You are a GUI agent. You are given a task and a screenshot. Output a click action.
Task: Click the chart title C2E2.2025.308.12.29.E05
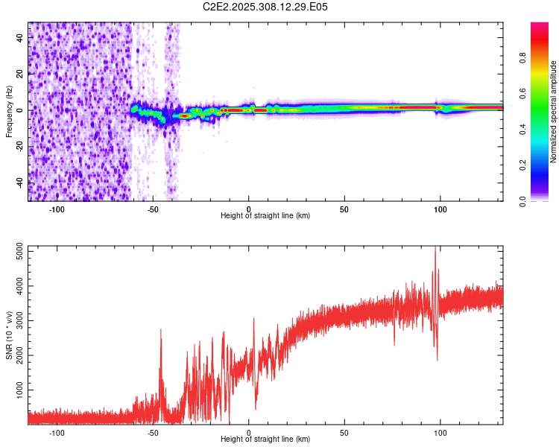tap(265, 7)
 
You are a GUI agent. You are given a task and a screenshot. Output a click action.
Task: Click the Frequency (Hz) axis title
tap(9, 112)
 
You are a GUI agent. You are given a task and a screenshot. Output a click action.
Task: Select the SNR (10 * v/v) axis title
tap(9, 335)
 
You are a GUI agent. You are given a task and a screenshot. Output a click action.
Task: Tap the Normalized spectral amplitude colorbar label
tap(553, 112)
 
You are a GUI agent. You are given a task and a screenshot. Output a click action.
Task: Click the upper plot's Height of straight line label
tap(265, 216)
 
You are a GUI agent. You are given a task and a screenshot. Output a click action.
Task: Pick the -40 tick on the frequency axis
tap(20, 183)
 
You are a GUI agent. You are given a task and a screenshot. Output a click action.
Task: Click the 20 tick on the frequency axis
tap(20, 74)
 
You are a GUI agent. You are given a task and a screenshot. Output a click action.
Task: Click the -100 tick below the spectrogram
tap(57, 209)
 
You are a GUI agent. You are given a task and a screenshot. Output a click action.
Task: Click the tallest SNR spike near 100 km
tap(436, 249)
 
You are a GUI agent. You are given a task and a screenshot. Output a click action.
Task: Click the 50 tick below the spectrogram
tap(344, 209)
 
